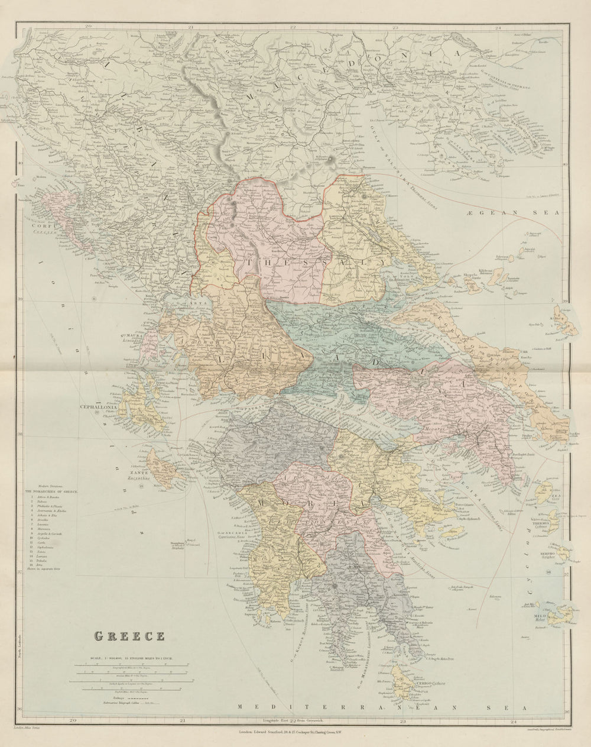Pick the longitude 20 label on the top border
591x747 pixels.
87,27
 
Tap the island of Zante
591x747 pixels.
161,467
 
